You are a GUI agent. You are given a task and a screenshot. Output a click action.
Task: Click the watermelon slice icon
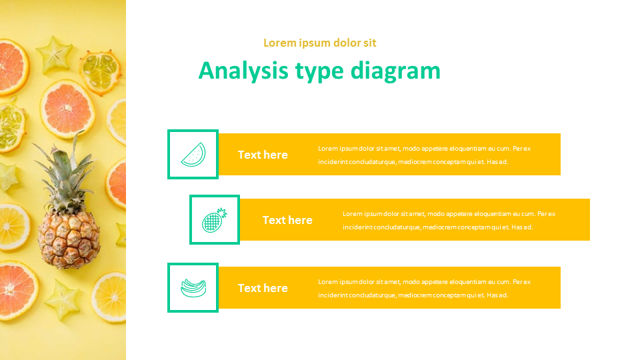[193, 155]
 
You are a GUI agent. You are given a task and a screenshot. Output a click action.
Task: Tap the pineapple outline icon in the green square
[214, 220]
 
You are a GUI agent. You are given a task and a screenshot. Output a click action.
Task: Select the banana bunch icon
[193, 288]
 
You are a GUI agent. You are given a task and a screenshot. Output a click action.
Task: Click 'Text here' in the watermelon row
[263, 155]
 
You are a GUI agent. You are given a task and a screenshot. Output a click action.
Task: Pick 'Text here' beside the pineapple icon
[287, 220]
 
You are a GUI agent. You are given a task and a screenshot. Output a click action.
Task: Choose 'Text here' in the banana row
[263, 288]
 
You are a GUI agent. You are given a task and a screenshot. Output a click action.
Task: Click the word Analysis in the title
[244, 71]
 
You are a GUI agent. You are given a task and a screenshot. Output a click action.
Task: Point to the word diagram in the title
[395, 71]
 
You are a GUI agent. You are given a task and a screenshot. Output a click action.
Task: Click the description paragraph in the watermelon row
[425, 155]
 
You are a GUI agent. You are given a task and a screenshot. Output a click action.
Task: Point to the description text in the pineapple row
[449, 221]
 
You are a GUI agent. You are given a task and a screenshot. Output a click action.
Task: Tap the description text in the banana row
[425, 289]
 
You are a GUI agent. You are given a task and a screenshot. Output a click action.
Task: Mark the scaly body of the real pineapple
[69, 239]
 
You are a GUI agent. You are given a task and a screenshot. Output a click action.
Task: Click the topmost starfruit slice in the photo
[54, 54]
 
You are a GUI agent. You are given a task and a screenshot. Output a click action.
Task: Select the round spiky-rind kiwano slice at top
[101, 72]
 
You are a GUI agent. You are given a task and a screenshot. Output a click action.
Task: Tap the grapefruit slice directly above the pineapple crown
[67, 108]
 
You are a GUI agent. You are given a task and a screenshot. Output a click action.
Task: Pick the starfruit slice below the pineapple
[63, 299]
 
